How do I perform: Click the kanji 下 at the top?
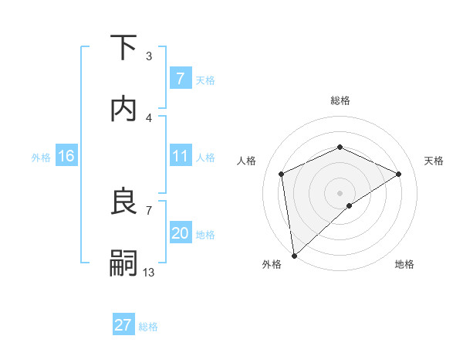(x=123, y=48)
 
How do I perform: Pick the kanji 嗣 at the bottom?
(x=123, y=263)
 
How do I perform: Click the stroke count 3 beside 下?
(x=149, y=56)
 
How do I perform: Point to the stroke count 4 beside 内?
(x=149, y=117)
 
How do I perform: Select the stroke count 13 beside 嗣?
(x=149, y=272)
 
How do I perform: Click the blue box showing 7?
(x=180, y=78)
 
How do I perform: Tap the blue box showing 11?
(x=180, y=156)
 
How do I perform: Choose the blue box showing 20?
(x=180, y=233)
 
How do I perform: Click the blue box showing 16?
(x=66, y=156)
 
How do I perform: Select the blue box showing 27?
(x=123, y=325)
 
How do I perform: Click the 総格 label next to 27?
(x=148, y=326)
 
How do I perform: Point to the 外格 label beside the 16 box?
(x=41, y=157)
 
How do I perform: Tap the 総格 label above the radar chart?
(x=340, y=100)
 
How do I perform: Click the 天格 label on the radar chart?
(x=434, y=161)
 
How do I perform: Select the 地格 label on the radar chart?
(x=404, y=264)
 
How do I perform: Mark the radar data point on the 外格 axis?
(x=294, y=255)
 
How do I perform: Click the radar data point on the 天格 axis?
(x=399, y=174)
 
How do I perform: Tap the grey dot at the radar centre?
(x=340, y=192)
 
